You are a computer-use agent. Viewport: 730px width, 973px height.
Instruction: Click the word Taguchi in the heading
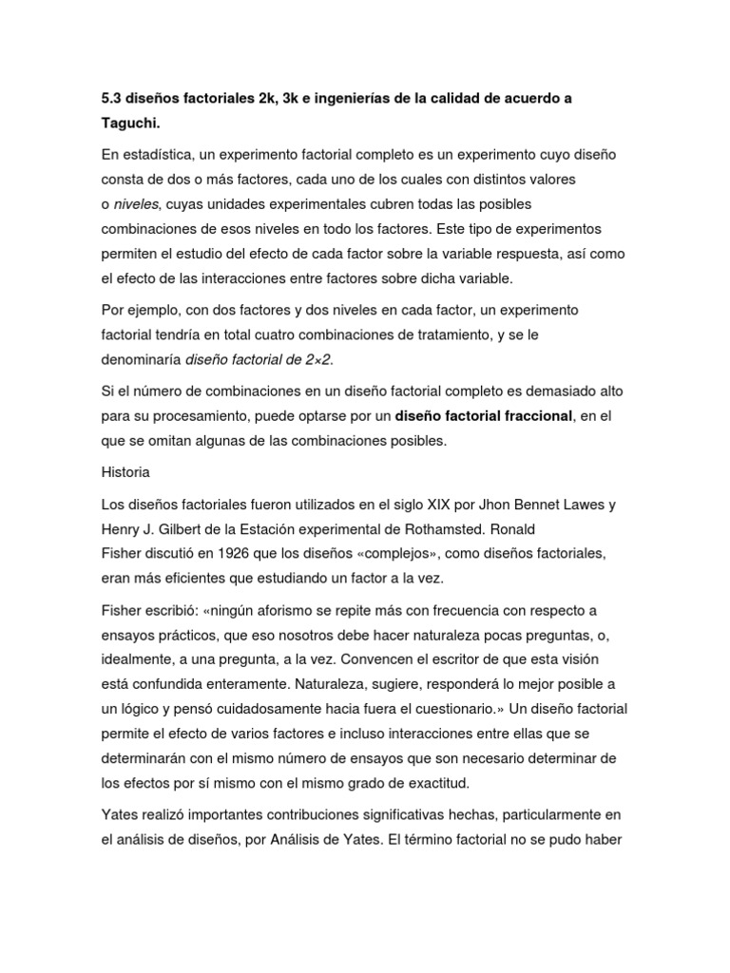pos(134,124)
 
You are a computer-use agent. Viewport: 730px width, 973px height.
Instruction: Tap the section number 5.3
pos(112,99)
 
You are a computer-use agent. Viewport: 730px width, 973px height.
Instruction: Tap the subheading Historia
pos(125,471)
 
